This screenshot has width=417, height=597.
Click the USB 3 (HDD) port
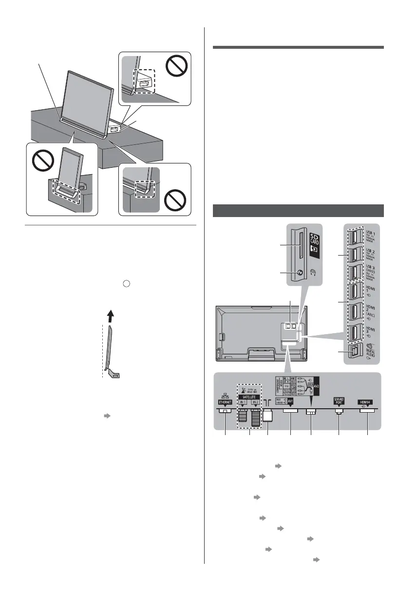pyautogui.click(x=352, y=272)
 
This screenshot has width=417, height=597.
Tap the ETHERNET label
pyautogui.click(x=225, y=404)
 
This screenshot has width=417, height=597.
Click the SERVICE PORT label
pyautogui.click(x=339, y=400)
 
